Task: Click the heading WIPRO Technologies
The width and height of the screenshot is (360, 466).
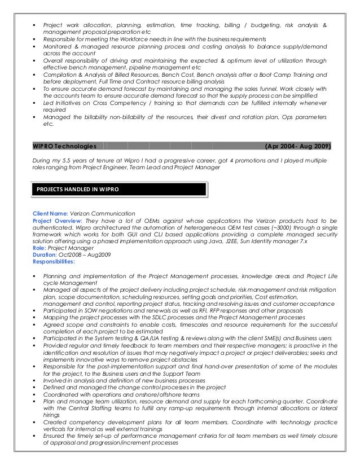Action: tap(64, 146)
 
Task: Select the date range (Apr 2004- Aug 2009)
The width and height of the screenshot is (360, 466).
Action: tap(297, 146)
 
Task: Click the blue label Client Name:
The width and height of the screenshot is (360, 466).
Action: tap(50, 214)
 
